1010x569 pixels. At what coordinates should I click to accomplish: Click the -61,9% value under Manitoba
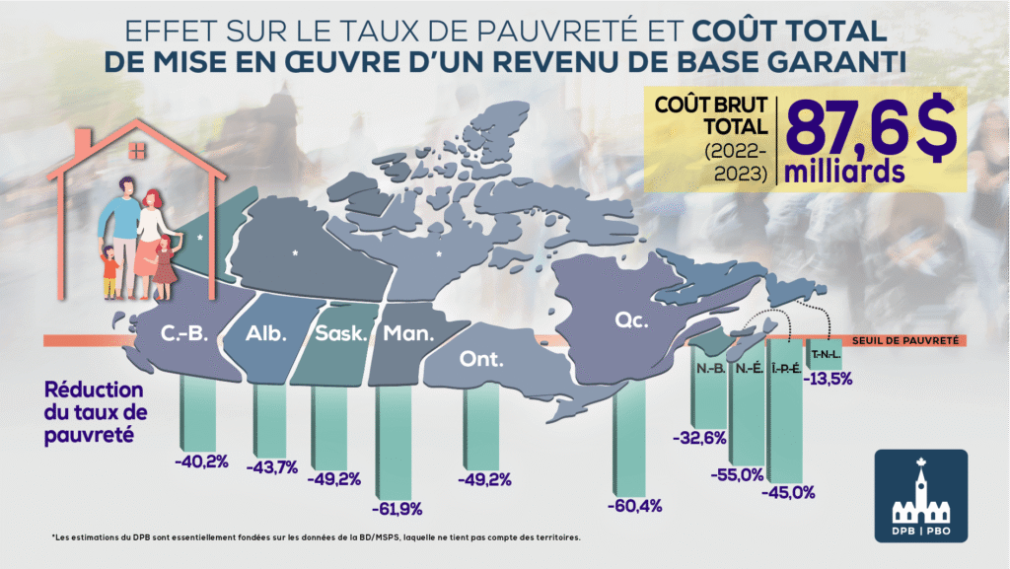(397, 509)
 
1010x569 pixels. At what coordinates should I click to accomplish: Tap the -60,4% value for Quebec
(634, 506)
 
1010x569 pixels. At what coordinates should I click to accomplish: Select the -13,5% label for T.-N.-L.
(828, 379)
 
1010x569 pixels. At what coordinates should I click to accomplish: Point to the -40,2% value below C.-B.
(201, 462)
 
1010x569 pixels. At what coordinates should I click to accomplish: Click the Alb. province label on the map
(266, 333)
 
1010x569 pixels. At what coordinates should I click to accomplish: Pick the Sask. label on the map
(340, 333)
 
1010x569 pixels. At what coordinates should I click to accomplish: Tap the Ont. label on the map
(481, 359)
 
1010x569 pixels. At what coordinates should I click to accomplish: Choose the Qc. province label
(631, 320)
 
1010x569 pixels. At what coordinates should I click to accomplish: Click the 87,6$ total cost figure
(870, 128)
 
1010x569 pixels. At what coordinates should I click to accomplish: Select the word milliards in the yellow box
(844, 172)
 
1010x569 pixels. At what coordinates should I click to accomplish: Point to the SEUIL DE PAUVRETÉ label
(905, 340)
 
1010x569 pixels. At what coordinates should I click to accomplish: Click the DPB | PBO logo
(921, 496)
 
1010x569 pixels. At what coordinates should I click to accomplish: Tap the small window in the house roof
(137, 151)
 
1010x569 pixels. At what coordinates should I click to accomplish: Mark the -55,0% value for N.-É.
(737, 475)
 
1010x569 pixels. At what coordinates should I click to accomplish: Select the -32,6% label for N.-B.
(699, 438)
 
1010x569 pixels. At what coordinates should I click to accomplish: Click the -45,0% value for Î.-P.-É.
(788, 493)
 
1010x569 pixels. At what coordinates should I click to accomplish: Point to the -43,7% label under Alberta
(272, 467)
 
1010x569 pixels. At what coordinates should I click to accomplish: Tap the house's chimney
(83, 144)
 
